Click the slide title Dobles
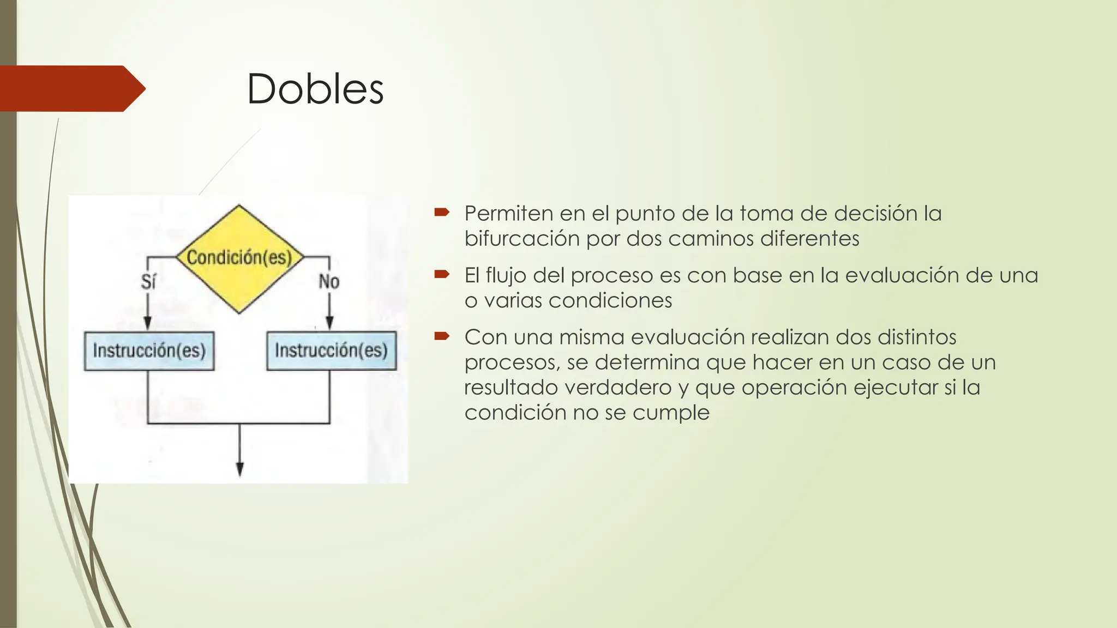315,89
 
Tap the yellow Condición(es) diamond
239,258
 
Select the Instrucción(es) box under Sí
149,351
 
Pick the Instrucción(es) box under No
331,351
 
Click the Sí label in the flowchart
148,282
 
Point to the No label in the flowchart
329,282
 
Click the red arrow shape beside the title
71,88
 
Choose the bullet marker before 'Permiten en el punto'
441,212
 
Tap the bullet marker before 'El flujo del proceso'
441,274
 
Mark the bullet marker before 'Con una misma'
441,336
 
